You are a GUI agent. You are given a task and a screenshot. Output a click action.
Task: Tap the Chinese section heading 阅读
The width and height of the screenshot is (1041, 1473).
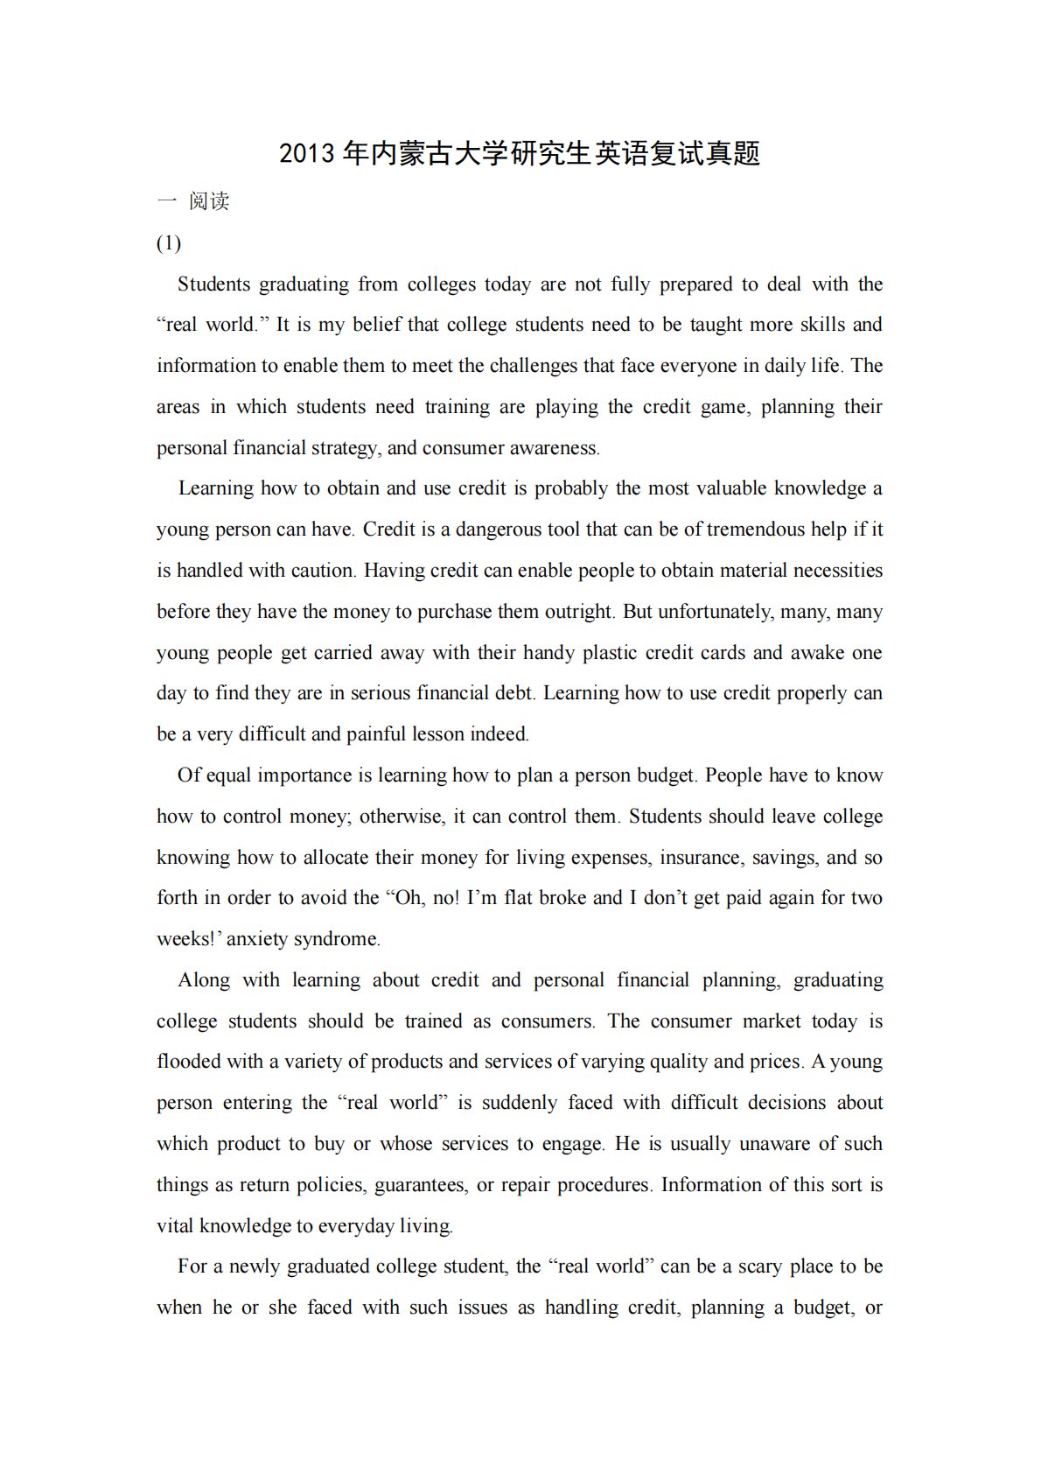pyautogui.click(x=209, y=201)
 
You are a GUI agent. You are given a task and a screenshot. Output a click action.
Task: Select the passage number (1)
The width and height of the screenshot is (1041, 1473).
pyautogui.click(x=169, y=242)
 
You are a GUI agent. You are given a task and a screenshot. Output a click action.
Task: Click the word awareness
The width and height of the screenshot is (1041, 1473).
pyautogui.click(x=554, y=448)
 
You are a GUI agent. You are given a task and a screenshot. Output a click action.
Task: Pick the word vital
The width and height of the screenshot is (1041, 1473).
pyautogui.click(x=175, y=1226)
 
